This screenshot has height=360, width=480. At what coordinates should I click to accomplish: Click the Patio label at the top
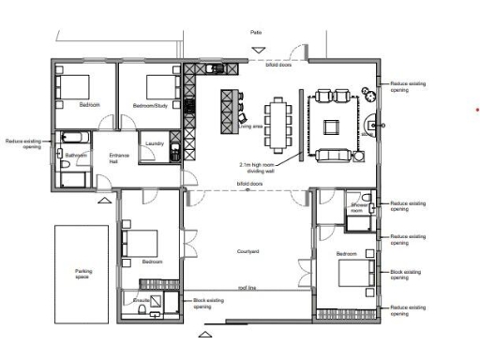click(x=256, y=33)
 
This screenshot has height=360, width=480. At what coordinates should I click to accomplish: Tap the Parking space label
click(x=83, y=275)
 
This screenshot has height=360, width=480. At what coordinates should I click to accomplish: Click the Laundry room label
click(x=155, y=144)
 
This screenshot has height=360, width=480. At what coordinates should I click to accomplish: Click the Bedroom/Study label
click(x=149, y=105)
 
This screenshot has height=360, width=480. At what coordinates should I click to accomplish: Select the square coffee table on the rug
click(x=333, y=126)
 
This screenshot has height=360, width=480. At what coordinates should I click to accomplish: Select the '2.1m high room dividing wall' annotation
click(x=257, y=166)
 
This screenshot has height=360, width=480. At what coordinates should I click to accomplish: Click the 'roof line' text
click(x=247, y=288)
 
